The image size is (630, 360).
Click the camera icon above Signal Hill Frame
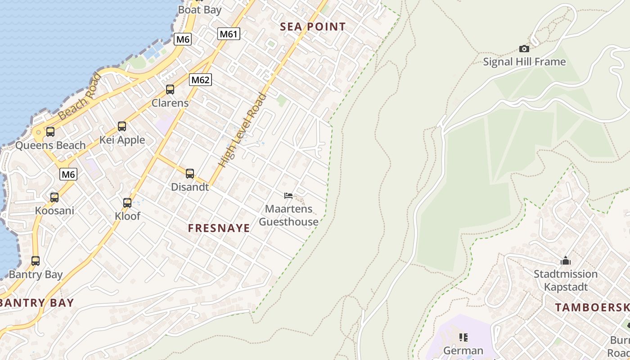pyautogui.click(x=524, y=49)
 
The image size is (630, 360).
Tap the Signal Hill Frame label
pyautogui.click(x=524, y=62)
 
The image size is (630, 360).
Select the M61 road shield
pyautogui.click(x=229, y=34)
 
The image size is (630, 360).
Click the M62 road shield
pyautogui.click(x=200, y=80)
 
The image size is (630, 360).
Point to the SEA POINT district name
pyautogui.click(x=313, y=27)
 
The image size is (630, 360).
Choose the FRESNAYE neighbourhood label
pyautogui.click(x=219, y=228)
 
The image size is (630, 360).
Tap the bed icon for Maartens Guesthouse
pyautogui.click(x=288, y=195)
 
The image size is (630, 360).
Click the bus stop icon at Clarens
pyautogui.click(x=170, y=90)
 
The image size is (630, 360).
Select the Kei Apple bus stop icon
pyautogui.click(x=122, y=126)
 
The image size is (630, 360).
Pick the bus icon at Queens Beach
pyautogui.click(x=50, y=132)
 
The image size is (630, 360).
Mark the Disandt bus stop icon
pyautogui.click(x=190, y=174)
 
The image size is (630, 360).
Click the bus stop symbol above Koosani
pyautogui.click(x=54, y=197)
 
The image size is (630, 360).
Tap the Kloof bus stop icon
pyautogui.click(x=127, y=203)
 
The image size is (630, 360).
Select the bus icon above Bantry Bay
pyautogui.click(x=36, y=261)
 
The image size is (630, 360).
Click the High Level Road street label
pyautogui.click(x=243, y=130)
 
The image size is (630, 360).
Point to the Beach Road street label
pyautogui.click(x=80, y=97)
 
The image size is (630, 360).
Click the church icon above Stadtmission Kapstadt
pyautogui.click(x=566, y=261)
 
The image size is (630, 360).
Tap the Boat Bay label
pyautogui.click(x=199, y=9)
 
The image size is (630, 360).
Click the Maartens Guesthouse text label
pyautogui.click(x=288, y=215)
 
